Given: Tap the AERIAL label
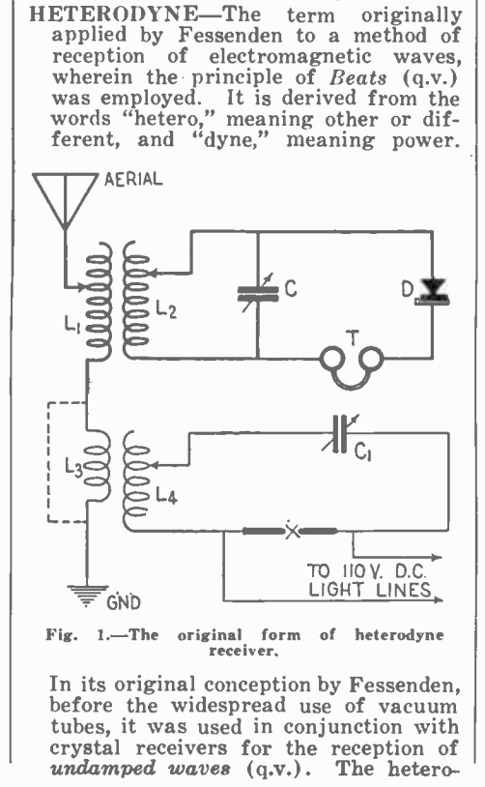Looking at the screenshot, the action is [133, 179].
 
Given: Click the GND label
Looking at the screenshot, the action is [124, 602].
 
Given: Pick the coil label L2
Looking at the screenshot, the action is [166, 309].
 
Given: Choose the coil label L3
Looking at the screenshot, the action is [73, 467].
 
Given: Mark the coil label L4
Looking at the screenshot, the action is [166, 496].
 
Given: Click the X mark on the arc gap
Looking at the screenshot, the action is [292, 531].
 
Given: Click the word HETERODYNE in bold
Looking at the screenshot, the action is [113, 15].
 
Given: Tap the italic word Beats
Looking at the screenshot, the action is [358, 77].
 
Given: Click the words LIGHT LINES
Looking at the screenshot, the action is [370, 589].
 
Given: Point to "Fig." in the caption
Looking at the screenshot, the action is [62, 635].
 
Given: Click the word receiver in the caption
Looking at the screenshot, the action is [243, 651].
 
